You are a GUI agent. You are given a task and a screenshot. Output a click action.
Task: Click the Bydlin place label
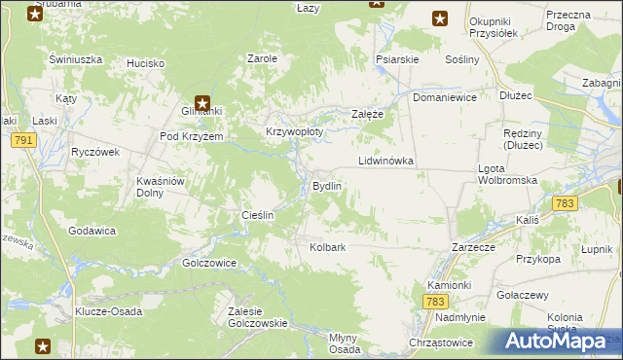click(326, 185)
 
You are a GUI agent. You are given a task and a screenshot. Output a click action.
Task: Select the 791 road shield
click(24, 142)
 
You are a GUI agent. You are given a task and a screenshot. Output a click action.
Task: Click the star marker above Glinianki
click(202, 100)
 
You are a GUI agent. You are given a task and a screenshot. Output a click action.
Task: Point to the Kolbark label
click(328, 247)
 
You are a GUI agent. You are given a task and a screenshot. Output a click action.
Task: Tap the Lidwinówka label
click(386, 160)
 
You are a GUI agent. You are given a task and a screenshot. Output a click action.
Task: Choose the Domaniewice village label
click(444, 98)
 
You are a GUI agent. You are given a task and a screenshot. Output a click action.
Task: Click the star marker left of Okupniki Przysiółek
click(440, 18)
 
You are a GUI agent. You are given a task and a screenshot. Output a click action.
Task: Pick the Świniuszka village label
click(76, 59)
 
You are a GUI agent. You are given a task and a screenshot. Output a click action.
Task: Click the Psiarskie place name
click(397, 59)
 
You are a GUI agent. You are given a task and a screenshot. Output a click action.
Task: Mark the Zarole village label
click(263, 58)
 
